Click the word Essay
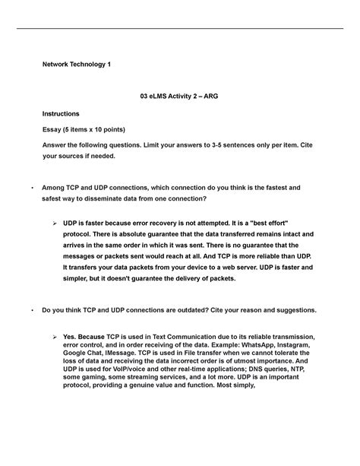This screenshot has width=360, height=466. click(x=53, y=129)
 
